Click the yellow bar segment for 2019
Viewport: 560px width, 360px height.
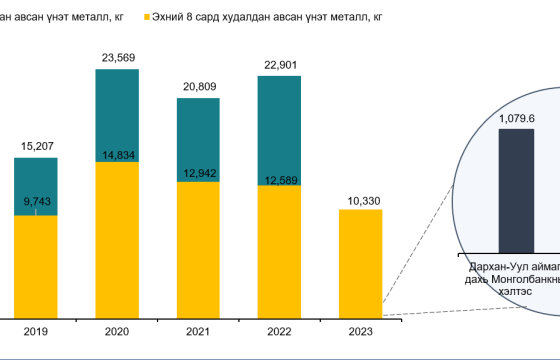coord(36,265)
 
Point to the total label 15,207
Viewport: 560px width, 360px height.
coord(37,147)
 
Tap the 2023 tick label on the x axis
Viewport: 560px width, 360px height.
coord(361,332)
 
